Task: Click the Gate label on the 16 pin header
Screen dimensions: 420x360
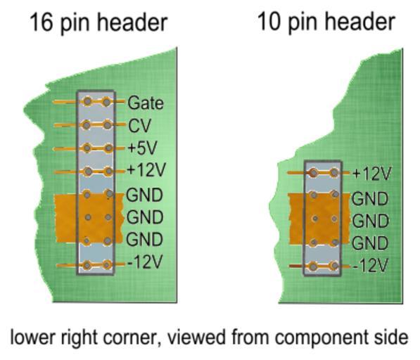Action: tap(146, 103)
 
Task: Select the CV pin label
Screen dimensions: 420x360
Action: tap(139, 126)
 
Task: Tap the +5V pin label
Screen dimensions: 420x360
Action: tap(143, 148)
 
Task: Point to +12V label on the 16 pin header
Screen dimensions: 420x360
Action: tap(146, 169)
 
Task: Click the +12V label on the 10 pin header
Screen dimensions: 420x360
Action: tap(372, 174)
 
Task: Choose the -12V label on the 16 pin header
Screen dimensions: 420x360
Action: tap(145, 262)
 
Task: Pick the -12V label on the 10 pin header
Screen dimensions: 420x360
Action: tap(371, 266)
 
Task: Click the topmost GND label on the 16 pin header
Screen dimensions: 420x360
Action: tap(144, 195)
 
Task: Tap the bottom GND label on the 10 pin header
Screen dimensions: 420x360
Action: tap(370, 243)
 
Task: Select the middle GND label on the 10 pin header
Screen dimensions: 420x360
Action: tap(371, 221)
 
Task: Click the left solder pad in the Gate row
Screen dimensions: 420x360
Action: tap(87, 102)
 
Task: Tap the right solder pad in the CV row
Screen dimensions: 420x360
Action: tap(107, 125)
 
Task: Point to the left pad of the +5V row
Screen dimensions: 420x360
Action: tap(87, 148)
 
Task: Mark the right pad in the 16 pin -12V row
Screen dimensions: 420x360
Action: tap(107, 264)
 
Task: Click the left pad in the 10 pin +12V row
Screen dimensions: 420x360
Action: tap(314, 173)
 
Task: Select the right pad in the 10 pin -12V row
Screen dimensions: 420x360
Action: tap(334, 266)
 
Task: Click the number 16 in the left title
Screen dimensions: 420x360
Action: tap(42, 22)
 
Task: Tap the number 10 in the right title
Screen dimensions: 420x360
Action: tap(269, 22)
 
